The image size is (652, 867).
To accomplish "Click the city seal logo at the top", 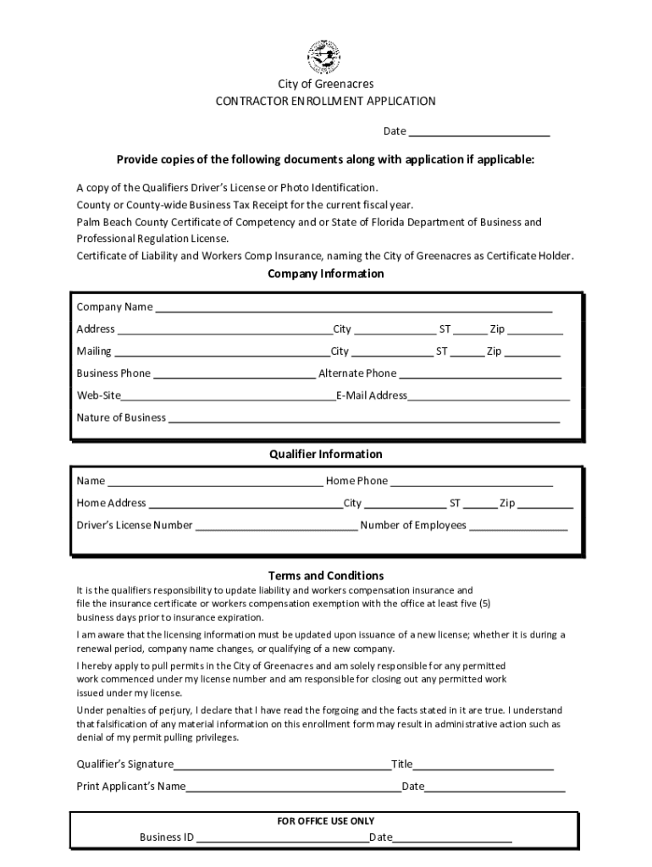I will [325, 57].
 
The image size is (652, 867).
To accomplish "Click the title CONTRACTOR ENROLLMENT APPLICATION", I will [325, 101].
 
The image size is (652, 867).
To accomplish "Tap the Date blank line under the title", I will [478, 132].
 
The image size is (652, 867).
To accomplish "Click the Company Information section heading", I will [326, 273].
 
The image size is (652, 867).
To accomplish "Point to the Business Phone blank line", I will [234, 374].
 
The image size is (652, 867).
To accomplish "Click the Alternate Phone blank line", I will [479, 374].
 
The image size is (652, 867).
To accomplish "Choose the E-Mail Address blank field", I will [489, 396].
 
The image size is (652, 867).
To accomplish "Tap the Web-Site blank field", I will [229, 396].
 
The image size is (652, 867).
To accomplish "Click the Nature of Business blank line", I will [363, 418].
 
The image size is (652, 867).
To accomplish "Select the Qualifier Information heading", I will [326, 454].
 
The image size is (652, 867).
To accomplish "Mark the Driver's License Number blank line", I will [276, 526].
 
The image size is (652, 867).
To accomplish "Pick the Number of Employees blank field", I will [518, 526].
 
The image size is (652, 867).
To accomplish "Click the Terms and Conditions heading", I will [326, 576].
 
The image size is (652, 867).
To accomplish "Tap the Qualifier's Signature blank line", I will [282, 765].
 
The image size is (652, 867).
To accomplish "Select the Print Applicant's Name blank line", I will [293, 787].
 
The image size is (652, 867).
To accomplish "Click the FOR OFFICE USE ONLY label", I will [326, 820].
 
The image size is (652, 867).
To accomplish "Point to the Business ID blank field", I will [281, 838].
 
